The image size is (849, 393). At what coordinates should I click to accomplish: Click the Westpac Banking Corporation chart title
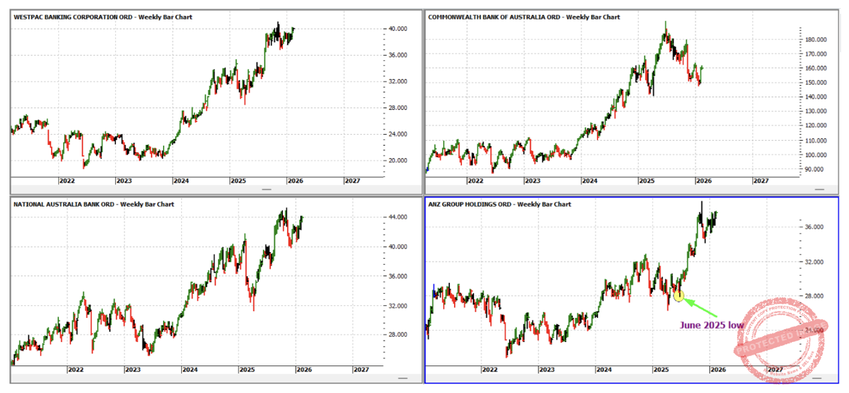click(103, 17)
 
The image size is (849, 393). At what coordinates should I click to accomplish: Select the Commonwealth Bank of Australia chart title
click(524, 17)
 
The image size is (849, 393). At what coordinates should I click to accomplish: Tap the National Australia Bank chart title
click(94, 204)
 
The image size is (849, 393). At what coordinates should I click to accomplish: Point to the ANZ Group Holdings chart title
click(500, 204)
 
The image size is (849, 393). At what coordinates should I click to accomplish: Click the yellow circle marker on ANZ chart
click(679, 296)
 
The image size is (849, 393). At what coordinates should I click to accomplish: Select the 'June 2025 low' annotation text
click(712, 325)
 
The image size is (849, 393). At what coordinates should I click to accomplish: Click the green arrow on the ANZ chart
click(700, 308)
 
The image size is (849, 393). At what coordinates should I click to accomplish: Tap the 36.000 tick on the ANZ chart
click(813, 227)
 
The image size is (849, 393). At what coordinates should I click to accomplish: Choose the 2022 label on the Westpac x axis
click(66, 181)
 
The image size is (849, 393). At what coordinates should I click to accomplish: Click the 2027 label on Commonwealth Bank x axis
click(760, 181)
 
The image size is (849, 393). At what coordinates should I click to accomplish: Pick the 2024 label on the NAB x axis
click(190, 370)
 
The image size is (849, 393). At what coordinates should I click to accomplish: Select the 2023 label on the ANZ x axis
click(547, 370)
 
